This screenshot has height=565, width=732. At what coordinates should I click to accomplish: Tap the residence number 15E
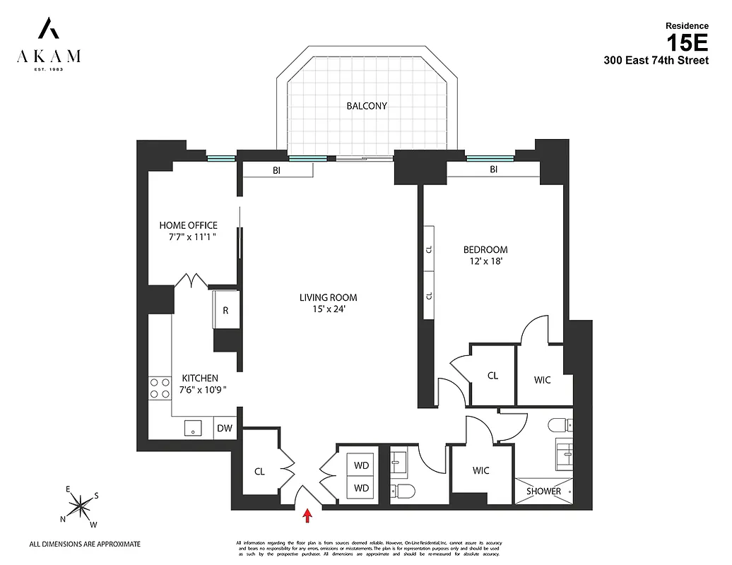click(x=687, y=43)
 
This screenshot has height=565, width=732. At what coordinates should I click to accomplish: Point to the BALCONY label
click(x=366, y=107)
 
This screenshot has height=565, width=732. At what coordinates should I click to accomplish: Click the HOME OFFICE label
click(x=188, y=225)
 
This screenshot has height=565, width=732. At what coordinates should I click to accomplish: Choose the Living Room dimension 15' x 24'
click(x=328, y=309)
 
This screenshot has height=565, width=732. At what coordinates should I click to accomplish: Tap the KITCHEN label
click(x=200, y=378)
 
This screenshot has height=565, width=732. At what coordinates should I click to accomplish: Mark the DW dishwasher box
click(x=225, y=428)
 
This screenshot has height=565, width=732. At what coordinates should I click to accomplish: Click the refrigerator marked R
click(x=225, y=310)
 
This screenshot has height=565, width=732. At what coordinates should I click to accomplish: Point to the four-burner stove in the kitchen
click(x=159, y=389)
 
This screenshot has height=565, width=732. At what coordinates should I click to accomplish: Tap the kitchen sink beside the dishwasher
click(x=192, y=427)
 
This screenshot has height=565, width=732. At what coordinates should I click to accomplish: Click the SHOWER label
click(x=543, y=491)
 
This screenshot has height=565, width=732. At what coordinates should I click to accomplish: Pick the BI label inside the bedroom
click(x=493, y=169)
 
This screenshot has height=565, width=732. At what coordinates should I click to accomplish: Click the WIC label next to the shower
click(x=480, y=470)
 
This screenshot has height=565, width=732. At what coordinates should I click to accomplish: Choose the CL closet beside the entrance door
click(x=259, y=471)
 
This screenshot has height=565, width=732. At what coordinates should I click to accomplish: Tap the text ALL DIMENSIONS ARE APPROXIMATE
click(x=84, y=544)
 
